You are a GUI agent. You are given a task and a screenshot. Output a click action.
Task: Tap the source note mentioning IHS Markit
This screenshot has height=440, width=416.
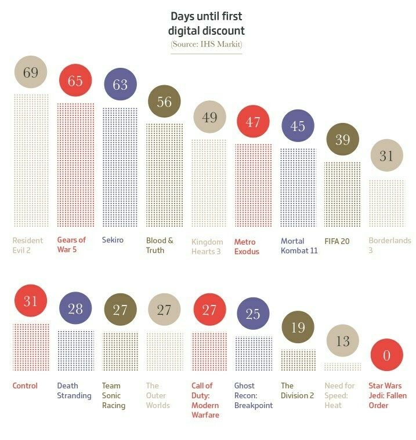pyautogui.click(x=206, y=44)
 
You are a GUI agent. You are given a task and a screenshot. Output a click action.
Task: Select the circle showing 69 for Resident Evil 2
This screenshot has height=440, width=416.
pyautogui.click(x=31, y=72)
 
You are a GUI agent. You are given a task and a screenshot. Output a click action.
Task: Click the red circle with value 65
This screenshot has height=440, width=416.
pyautogui.click(x=75, y=81)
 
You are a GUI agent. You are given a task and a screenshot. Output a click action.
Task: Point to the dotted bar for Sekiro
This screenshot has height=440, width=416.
pyautogui.click(x=120, y=167)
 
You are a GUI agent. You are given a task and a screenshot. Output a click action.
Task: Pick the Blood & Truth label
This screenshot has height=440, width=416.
pyautogui.click(x=160, y=245)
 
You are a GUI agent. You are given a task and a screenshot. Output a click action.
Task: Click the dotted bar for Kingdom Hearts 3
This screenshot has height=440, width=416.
pyautogui.click(x=209, y=183)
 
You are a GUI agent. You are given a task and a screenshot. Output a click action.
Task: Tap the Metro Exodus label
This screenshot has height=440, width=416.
pyautogui.click(x=247, y=246)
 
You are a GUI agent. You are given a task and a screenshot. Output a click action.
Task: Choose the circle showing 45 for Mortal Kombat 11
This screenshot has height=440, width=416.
pyautogui.click(x=298, y=126)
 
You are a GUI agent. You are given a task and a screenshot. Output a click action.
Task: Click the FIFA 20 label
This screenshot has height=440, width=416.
pyautogui.click(x=337, y=241)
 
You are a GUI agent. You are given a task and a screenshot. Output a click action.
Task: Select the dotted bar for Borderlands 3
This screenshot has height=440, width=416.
pyautogui.click(x=386, y=203)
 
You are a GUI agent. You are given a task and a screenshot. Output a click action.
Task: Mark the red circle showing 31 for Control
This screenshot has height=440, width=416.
pyautogui.click(x=31, y=301)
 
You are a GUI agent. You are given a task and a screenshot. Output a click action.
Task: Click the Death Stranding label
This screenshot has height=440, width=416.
pyautogui.click(x=74, y=390)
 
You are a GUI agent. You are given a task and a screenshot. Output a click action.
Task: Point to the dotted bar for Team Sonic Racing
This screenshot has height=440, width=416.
pyautogui.click(x=120, y=351)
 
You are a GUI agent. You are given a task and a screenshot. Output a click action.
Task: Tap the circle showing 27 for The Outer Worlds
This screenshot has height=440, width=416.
pyautogui.click(x=164, y=310)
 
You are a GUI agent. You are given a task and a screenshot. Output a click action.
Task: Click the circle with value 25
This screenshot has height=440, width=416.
pyautogui.click(x=253, y=315)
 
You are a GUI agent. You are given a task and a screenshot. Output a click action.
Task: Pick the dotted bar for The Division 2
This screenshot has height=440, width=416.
pyautogui.click(x=298, y=360)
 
